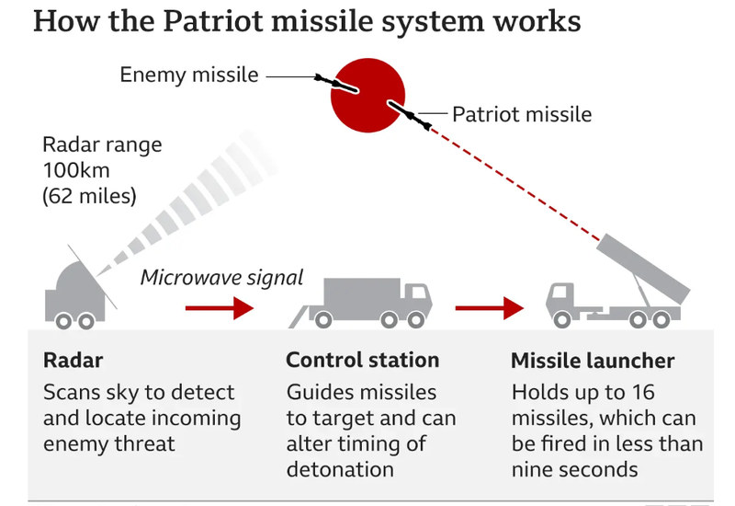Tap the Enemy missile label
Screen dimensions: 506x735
(x=189, y=75)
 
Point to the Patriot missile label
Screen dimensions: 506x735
(x=522, y=115)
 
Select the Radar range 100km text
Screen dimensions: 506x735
(x=102, y=157)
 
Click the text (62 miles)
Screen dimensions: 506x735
(x=89, y=195)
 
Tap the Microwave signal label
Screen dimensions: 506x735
(x=221, y=277)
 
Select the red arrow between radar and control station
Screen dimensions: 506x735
(x=219, y=308)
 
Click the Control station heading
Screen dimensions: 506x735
(x=362, y=360)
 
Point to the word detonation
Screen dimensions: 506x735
(x=340, y=469)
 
